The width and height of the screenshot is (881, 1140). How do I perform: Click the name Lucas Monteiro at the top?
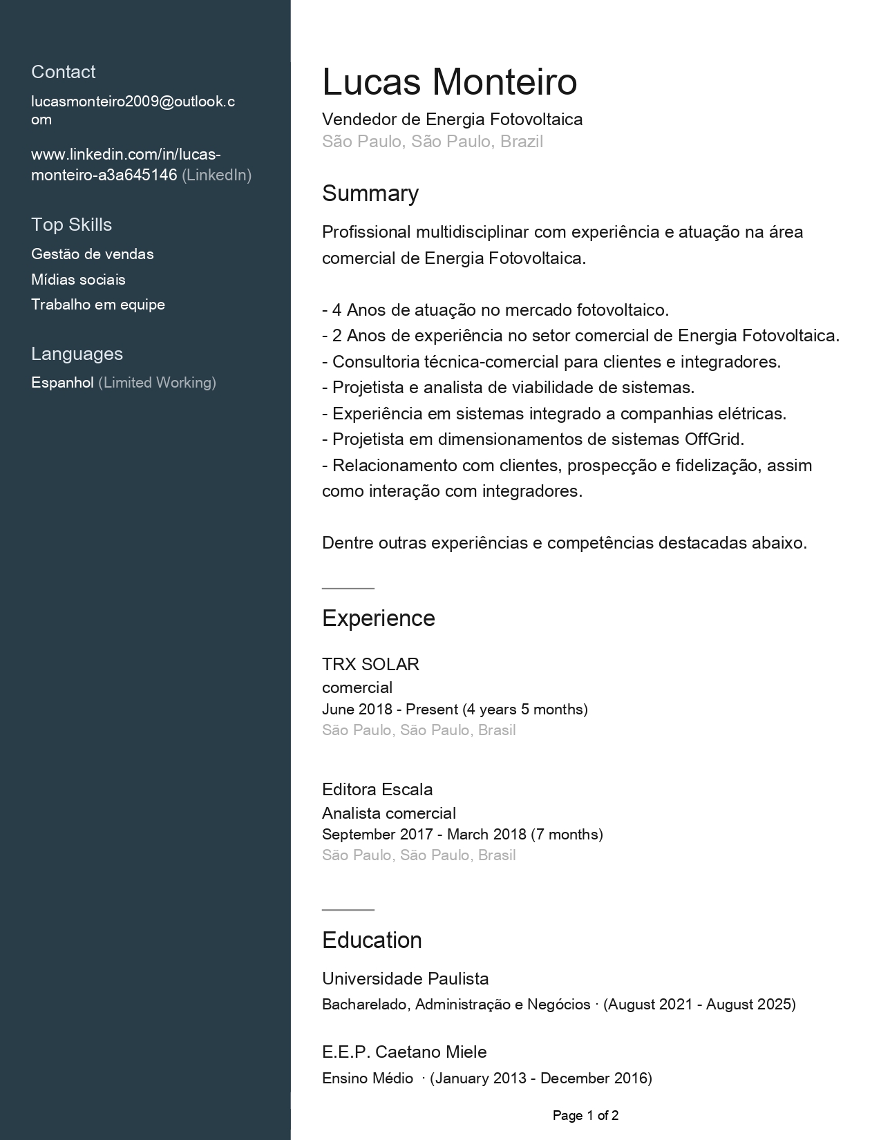click(449, 82)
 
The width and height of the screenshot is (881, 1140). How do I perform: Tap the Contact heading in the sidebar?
click(64, 72)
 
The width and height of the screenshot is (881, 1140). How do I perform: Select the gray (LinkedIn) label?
click(216, 175)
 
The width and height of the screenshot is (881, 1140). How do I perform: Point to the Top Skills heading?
click(71, 225)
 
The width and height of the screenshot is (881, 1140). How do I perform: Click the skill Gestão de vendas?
click(93, 254)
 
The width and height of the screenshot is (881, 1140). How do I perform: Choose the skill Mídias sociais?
click(78, 280)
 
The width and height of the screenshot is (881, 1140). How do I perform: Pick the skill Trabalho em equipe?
click(98, 305)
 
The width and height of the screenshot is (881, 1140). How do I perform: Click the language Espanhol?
click(62, 383)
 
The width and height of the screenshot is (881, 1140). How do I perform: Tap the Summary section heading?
click(370, 193)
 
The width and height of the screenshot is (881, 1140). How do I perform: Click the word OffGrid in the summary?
click(713, 439)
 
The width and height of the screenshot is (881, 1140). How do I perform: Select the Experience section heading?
click(379, 618)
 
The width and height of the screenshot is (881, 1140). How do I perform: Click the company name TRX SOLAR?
click(370, 665)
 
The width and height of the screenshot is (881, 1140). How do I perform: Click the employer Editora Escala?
click(377, 790)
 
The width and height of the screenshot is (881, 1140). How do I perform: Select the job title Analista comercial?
click(389, 813)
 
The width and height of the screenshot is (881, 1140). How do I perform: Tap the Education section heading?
click(372, 940)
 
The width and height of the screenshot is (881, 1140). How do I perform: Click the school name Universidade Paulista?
click(406, 979)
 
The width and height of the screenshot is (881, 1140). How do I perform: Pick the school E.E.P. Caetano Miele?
click(404, 1052)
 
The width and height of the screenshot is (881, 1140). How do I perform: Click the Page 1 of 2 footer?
click(585, 1116)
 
